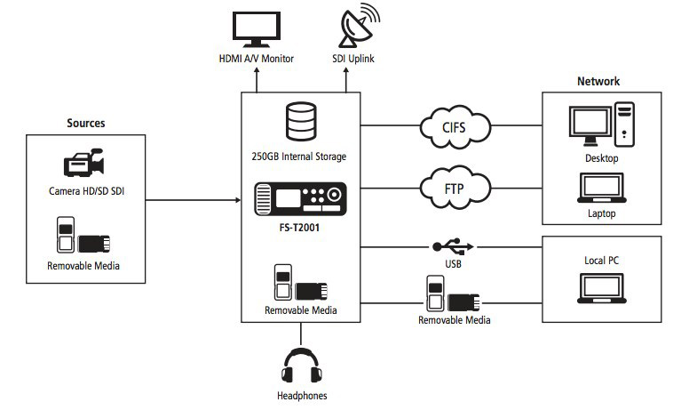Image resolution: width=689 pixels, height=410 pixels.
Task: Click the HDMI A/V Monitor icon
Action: pos(256,28)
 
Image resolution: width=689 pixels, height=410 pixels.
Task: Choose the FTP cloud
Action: pos(454,187)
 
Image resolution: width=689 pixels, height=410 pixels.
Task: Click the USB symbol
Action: pos(453,245)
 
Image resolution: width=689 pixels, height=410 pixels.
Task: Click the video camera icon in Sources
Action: pos(85,165)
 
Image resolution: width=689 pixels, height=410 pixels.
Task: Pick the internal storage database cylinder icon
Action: pos(299,122)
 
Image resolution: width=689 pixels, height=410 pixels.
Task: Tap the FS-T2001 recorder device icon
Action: pos(299,198)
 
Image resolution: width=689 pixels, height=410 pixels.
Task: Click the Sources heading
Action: pos(86,122)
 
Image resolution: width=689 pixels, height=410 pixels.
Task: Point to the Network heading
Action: pos(598,82)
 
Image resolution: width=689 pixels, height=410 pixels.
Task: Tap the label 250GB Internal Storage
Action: pos(299,157)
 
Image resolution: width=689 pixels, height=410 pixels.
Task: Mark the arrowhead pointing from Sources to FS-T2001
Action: pos(237,199)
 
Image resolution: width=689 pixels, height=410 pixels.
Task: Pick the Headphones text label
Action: pos(302,395)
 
